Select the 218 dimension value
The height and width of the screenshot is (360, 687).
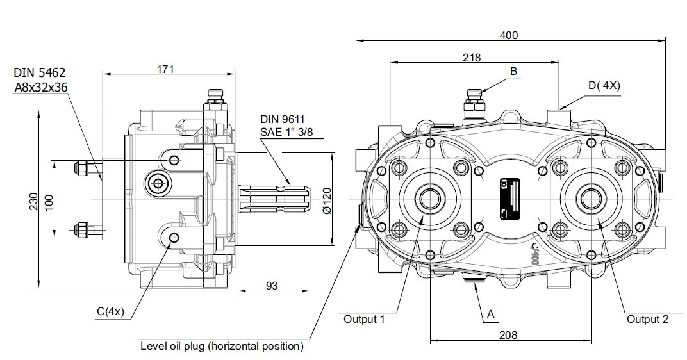(472, 58)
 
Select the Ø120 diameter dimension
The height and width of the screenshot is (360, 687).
(326, 200)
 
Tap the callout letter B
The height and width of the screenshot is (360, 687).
(513, 71)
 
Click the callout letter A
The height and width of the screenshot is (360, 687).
(491, 314)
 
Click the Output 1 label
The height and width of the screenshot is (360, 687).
(364, 319)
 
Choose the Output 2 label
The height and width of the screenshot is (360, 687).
(647, 319)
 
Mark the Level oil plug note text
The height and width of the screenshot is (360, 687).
(221, 347)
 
